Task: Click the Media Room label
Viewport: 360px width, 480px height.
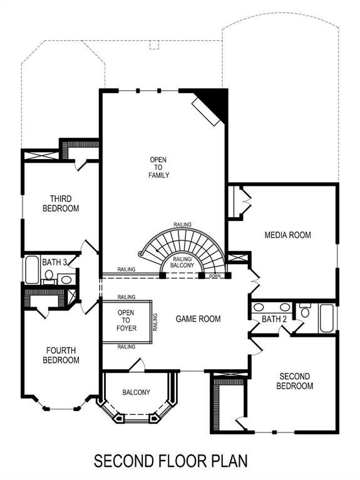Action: pyautogui.click(x=288, y=235)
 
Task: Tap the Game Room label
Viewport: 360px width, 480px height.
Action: pyautogui.click(x=198, y=319)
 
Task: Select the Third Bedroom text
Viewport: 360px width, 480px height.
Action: pyautogui.click(x=61, y=203)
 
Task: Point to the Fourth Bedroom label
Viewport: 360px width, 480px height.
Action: pyautogui.click(x=61, y=355)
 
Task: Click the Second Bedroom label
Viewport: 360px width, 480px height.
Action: pyautogui.click(x=294, y=381)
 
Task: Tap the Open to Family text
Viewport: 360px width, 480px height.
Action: pyautogui.click(x=158, y=168)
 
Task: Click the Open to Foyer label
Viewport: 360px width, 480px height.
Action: pyautogui.click(x=126, y=320)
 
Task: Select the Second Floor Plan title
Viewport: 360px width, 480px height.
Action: pyautogui.click(x=171, y=461)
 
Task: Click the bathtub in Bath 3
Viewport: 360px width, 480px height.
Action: pyautogui.click(x=32, y=270)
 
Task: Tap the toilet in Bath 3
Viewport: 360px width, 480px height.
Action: pyautogui.click(x=49, y=277)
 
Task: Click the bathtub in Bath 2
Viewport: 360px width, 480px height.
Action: pyautogui.click(x=327, y=319)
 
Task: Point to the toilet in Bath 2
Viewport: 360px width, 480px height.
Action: pyautogui.click(x=305, y=310)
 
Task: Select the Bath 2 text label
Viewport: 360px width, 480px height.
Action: pyautogui.click(x=274, y=319)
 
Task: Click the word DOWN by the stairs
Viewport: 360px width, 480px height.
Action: pyautogui.click(x=215, y=276)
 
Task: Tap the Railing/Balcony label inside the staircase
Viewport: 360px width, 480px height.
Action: pyautogui.click(x=182, y=262)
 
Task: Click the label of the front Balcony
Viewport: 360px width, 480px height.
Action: pyautogui.click(x=136, y=392)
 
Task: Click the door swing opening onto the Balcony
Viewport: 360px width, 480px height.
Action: pyautogui.click(x=137, y=365)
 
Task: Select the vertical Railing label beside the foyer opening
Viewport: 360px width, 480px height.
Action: pyautogui.click(x=155, y=322)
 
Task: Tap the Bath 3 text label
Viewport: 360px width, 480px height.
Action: pyautogui.click(x=54, y=262)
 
